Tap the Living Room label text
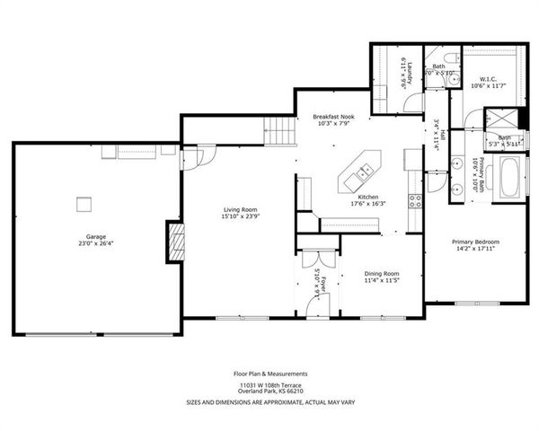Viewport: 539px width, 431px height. point(239,210)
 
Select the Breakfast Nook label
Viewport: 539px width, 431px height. point(332,117)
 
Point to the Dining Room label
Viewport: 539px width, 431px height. point(382,274)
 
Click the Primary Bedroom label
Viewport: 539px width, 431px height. point(476,242)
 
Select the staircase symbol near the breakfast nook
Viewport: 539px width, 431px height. point(279,132)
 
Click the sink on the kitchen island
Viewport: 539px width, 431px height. point(366,170)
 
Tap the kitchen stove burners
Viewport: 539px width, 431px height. point(415,200)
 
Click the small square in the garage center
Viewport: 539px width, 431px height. point(84,201)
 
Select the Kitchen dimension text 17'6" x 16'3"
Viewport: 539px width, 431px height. point(368,204)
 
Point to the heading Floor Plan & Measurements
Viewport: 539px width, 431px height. point(270,373)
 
